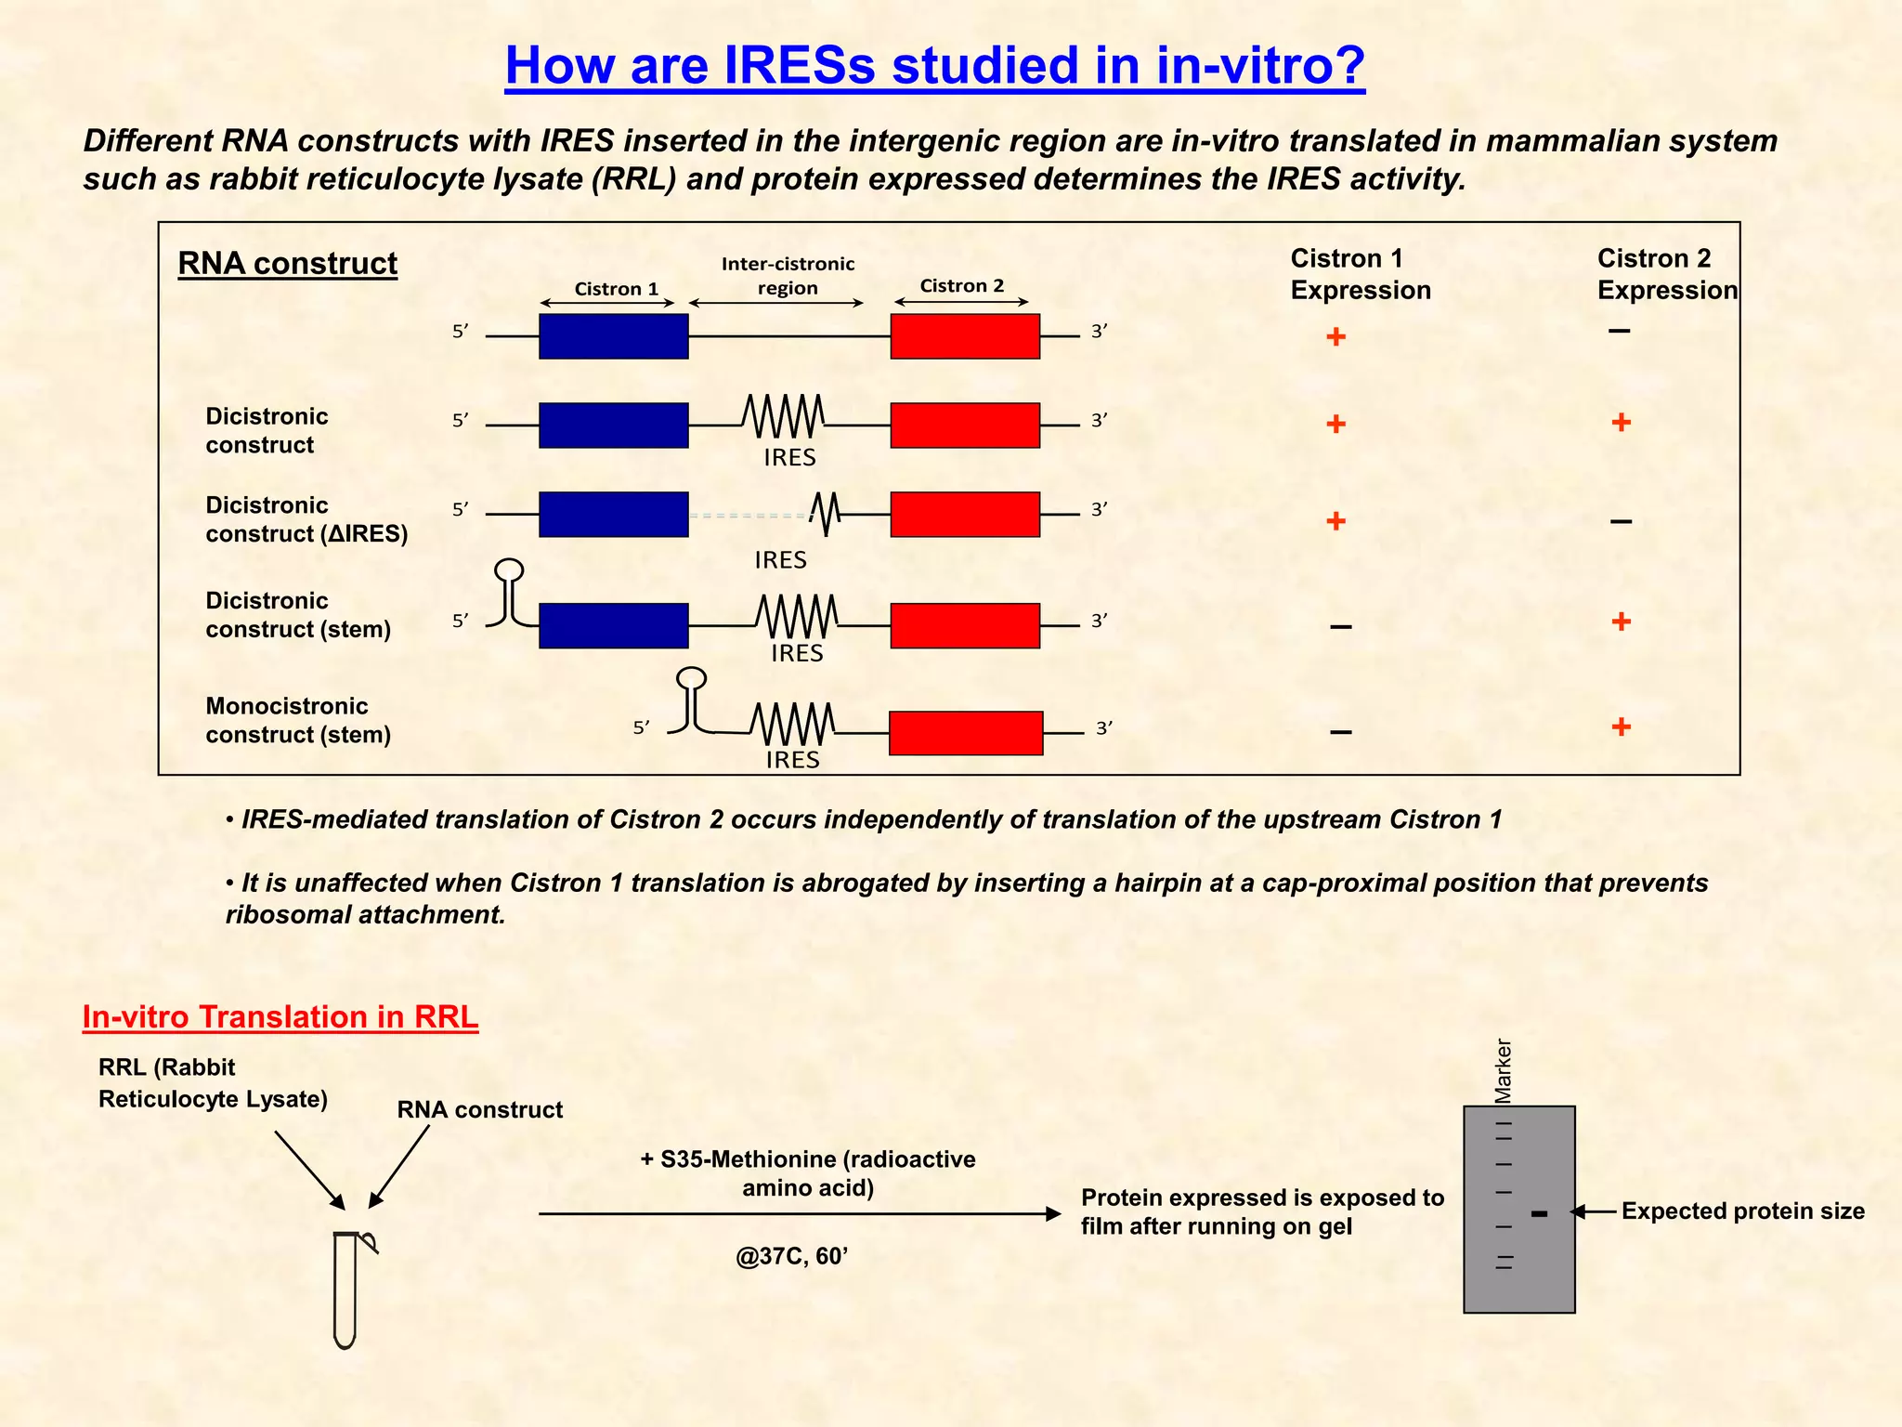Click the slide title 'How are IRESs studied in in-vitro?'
[934, 66]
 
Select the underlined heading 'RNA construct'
[287, 264]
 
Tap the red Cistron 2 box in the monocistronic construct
[966, 733]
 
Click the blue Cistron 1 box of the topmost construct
[613, 336]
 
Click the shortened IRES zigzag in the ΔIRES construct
[825, 513]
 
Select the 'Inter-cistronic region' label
[788, 276]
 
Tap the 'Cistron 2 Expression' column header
[1666, 274]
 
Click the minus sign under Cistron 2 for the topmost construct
[1619, 331]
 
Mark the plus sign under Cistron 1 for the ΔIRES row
[1335, 521]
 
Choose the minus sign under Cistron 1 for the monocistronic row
[1340, 732]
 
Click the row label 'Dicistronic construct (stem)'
[297, 615]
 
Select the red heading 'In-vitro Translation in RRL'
[280, 1017]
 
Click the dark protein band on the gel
[1539, 1213]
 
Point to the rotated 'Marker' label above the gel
[1503, 1070]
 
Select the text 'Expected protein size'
[1742, 1211]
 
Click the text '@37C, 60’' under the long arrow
[791, 1257]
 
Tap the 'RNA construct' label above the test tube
[479, 1110]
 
